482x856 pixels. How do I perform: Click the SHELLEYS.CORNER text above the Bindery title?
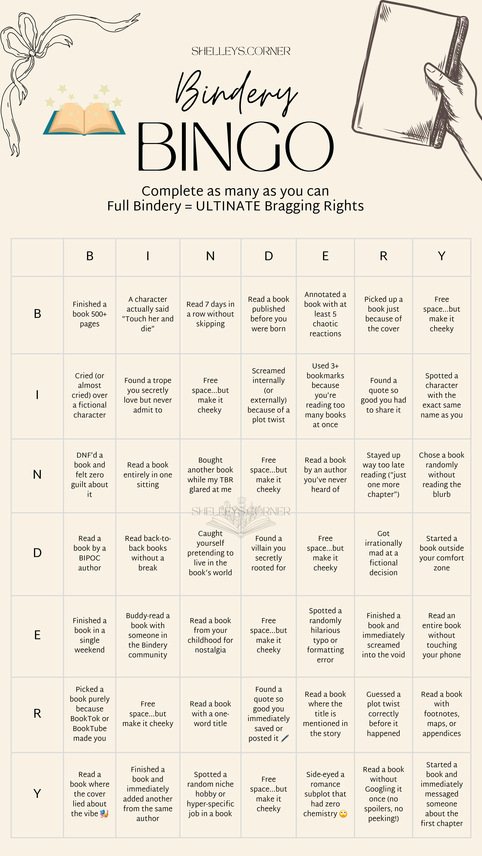pos(241,51)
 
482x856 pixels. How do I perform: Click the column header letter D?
pos(268,256)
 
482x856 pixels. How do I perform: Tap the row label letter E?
pos(37,635)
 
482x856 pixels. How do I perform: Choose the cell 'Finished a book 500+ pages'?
pos(89,314)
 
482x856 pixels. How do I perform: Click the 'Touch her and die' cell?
pos(148,314)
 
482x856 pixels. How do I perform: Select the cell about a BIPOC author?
pos(89,553)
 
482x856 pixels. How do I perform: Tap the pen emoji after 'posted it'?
pos(285,738)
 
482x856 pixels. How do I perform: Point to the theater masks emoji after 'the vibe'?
pos(104,814)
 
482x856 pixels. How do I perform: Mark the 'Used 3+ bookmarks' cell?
pos(325,395)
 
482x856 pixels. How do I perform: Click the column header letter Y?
pos(441,256)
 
